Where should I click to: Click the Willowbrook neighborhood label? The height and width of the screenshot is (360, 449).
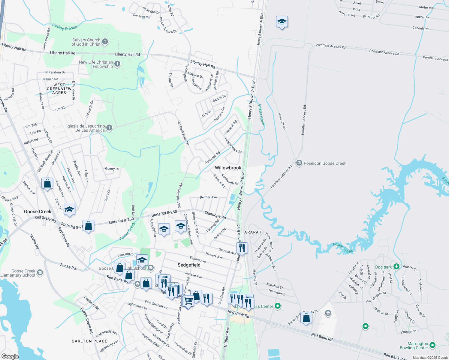228,168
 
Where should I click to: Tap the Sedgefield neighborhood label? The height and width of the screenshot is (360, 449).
189,265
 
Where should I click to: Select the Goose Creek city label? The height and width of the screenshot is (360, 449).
38,211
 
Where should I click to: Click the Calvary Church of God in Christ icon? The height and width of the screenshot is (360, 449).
105,42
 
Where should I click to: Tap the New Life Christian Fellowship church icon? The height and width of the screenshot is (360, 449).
117,64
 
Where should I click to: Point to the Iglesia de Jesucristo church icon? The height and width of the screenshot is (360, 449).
109,128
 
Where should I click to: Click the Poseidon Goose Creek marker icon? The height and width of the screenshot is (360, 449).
299,163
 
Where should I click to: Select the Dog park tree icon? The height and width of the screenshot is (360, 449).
396,267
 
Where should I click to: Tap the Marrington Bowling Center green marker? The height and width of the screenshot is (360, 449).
432,345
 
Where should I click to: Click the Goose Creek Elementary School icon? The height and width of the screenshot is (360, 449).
40,273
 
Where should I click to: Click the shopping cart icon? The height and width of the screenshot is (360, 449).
188,301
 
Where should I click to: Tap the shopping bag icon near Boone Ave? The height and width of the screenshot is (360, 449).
306,317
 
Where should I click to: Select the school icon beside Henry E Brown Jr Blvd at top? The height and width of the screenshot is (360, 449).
282,22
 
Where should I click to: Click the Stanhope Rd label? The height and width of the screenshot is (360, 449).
215,214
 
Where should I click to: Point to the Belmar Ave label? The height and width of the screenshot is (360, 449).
208,197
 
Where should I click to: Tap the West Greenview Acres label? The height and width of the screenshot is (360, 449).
59,89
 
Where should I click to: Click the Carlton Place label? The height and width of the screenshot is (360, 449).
89,341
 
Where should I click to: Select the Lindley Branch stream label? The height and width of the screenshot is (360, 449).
65,27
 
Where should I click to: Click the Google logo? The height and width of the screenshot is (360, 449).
10,356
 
